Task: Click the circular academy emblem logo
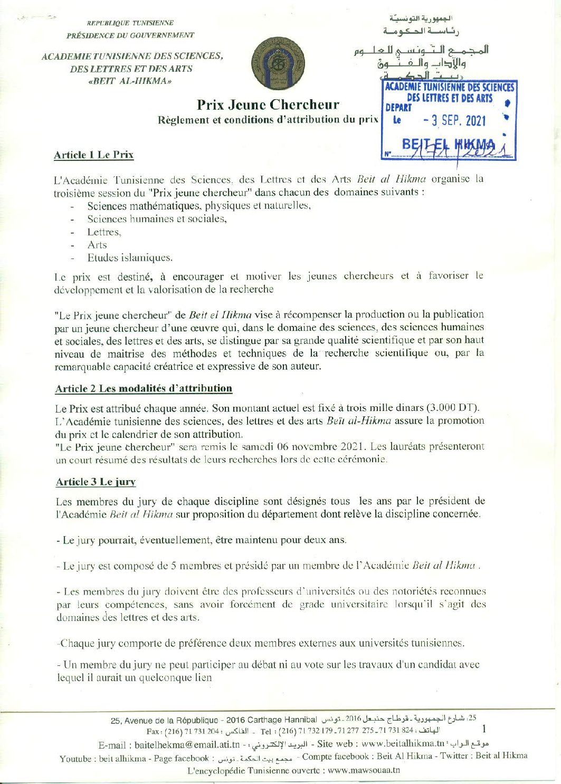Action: (x=274, y=63)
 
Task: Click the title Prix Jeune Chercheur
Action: (x=268, y=104)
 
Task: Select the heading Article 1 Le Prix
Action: (x=93, y=155)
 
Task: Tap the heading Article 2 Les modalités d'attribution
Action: (x=144, y=388)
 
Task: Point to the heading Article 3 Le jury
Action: (x=96, y=482)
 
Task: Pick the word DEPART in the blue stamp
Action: (x=398, y=108)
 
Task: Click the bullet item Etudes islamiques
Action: (x=130, y=258)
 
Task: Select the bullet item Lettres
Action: (x=104, y=232)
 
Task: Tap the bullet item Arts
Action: (x=97, y=245)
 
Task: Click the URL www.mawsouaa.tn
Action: (x=364, y=770)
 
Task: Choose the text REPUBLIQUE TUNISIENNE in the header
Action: (x=130, y=23)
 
